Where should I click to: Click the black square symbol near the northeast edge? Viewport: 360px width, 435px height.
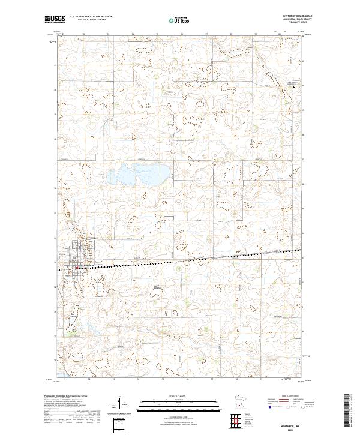[294, 86]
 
